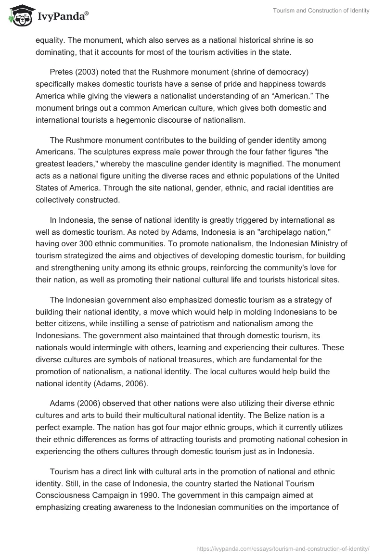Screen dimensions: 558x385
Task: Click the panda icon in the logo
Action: (x=19, y=17)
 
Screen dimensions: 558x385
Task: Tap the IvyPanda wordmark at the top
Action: (x=63, y=17)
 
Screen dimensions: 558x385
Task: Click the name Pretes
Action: (x=61, y=72)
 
